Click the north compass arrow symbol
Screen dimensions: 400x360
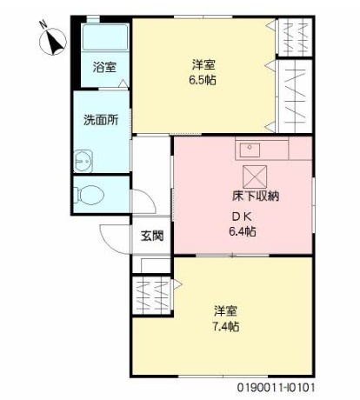54,39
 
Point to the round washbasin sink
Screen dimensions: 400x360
83,160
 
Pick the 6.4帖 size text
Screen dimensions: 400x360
242,231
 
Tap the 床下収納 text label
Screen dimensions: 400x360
256,196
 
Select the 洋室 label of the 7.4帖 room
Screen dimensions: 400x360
226,310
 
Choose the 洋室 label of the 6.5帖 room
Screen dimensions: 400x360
203,63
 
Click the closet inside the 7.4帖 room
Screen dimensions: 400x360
151,296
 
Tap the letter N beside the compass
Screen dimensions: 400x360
43,25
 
